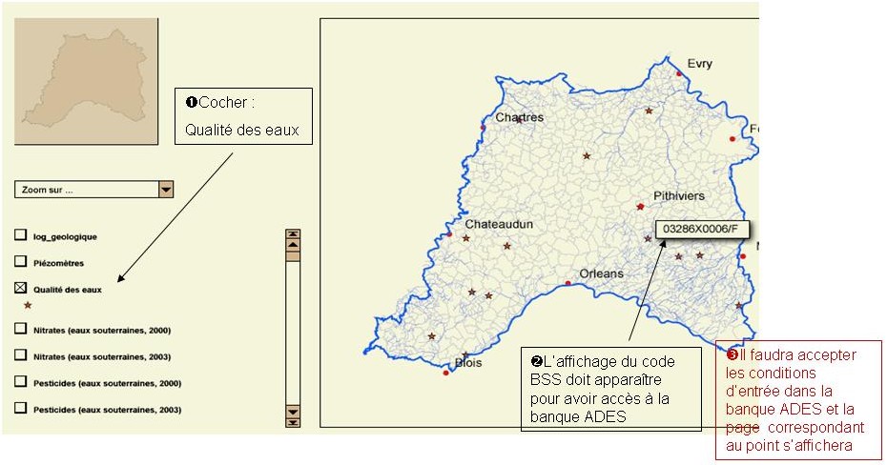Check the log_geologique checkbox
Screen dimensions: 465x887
point(20,235)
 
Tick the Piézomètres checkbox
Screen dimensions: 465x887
point(20,260)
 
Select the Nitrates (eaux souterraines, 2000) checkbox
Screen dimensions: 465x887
point(20,329)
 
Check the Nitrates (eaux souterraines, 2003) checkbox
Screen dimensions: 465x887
point(20,354)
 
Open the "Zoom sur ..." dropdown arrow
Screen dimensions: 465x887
point(166,190)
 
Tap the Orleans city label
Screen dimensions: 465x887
point(601,273)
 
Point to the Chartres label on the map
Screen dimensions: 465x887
point(519,117)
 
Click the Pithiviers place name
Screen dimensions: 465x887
point(678,196)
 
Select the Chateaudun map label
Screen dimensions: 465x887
point(498,224)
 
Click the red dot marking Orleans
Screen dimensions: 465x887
point(567,283)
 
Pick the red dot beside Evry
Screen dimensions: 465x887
point(679,73)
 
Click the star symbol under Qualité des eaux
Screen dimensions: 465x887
point(27,306)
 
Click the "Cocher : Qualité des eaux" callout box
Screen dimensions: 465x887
point(243,116)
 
